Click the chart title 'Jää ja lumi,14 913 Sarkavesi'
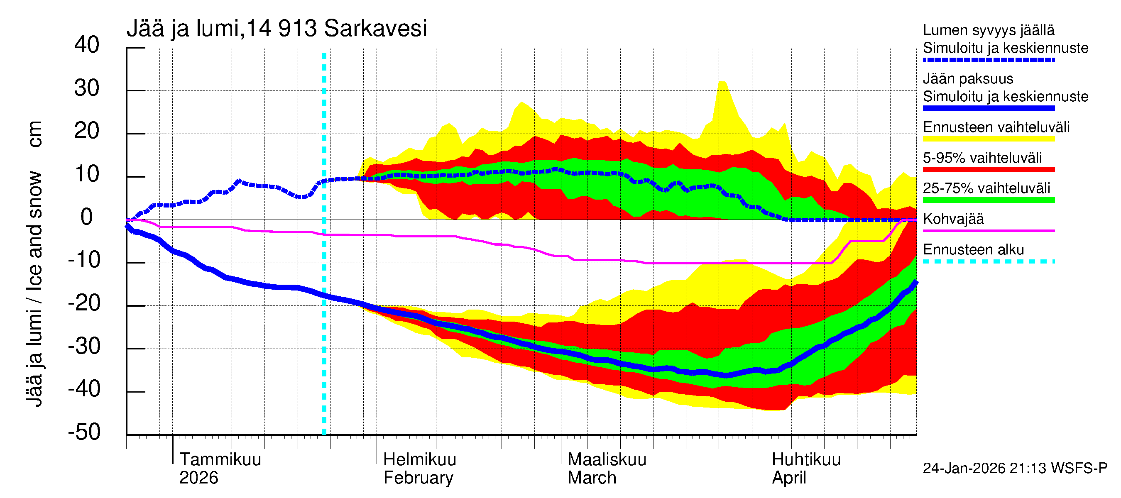tap(277, 29)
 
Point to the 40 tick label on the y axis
tap(87, 45)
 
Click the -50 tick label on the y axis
tap(84, 432)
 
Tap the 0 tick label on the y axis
tap(87, 217)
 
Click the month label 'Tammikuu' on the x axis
tap(220, 460)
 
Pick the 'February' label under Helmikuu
tap(418, 478)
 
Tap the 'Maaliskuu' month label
tap(607, 460)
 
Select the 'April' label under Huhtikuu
tap(789, 478)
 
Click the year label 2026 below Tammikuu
tap(198, 478)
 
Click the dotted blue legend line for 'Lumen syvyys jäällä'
tap(989, 60)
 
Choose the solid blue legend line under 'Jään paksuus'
tap(989, 108)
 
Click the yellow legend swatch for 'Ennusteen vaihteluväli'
tap(989, 139)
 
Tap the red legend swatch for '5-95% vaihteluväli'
tap(989, 170)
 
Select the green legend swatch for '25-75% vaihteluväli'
tap(989, 200)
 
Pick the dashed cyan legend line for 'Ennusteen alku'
tap(989, 262)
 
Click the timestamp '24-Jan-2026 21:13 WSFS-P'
tap(1015, 469)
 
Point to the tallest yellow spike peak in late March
tap(722, 82)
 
